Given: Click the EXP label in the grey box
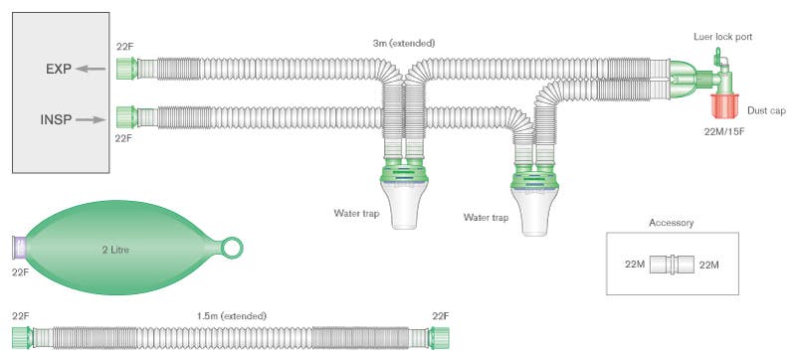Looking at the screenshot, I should click(57, 70).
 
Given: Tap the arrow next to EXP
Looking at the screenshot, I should click(92, 70).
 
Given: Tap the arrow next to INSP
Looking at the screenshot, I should click(91, 119).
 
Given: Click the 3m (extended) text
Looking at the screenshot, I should click(402, 43).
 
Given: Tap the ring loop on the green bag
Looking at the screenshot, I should click(234, 245).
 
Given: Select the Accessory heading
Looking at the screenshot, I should click(671, 223).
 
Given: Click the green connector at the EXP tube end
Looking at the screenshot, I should click(125, 69).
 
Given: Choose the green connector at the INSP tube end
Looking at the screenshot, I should click(125, 118).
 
